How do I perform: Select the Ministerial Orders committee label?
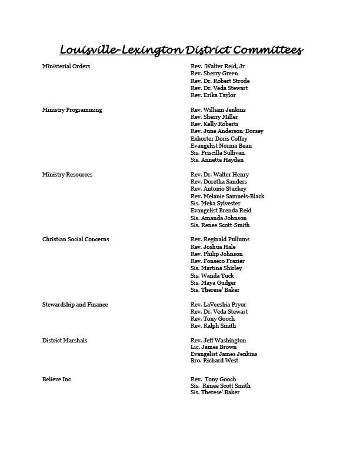coord(66,66)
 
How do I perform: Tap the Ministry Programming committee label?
coord(72,110)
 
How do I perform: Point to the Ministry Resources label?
coord(67,175)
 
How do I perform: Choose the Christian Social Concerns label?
coord(75,239)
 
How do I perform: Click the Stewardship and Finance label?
coord(75,305)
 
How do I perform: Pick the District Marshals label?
coord(65,341)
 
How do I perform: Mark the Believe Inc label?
coord(56,380)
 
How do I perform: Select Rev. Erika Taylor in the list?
coord(213,95)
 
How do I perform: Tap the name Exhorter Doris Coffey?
coord(219,139)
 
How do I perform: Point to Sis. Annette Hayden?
coord(217,160)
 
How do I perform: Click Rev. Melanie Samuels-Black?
coord(228,197)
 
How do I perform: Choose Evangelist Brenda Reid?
coord(221,211)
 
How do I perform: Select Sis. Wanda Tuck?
coord(212,275)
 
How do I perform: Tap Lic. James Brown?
coord(214,347)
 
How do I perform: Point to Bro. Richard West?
coord(214,361)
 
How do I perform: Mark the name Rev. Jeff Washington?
coord(218,341)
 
